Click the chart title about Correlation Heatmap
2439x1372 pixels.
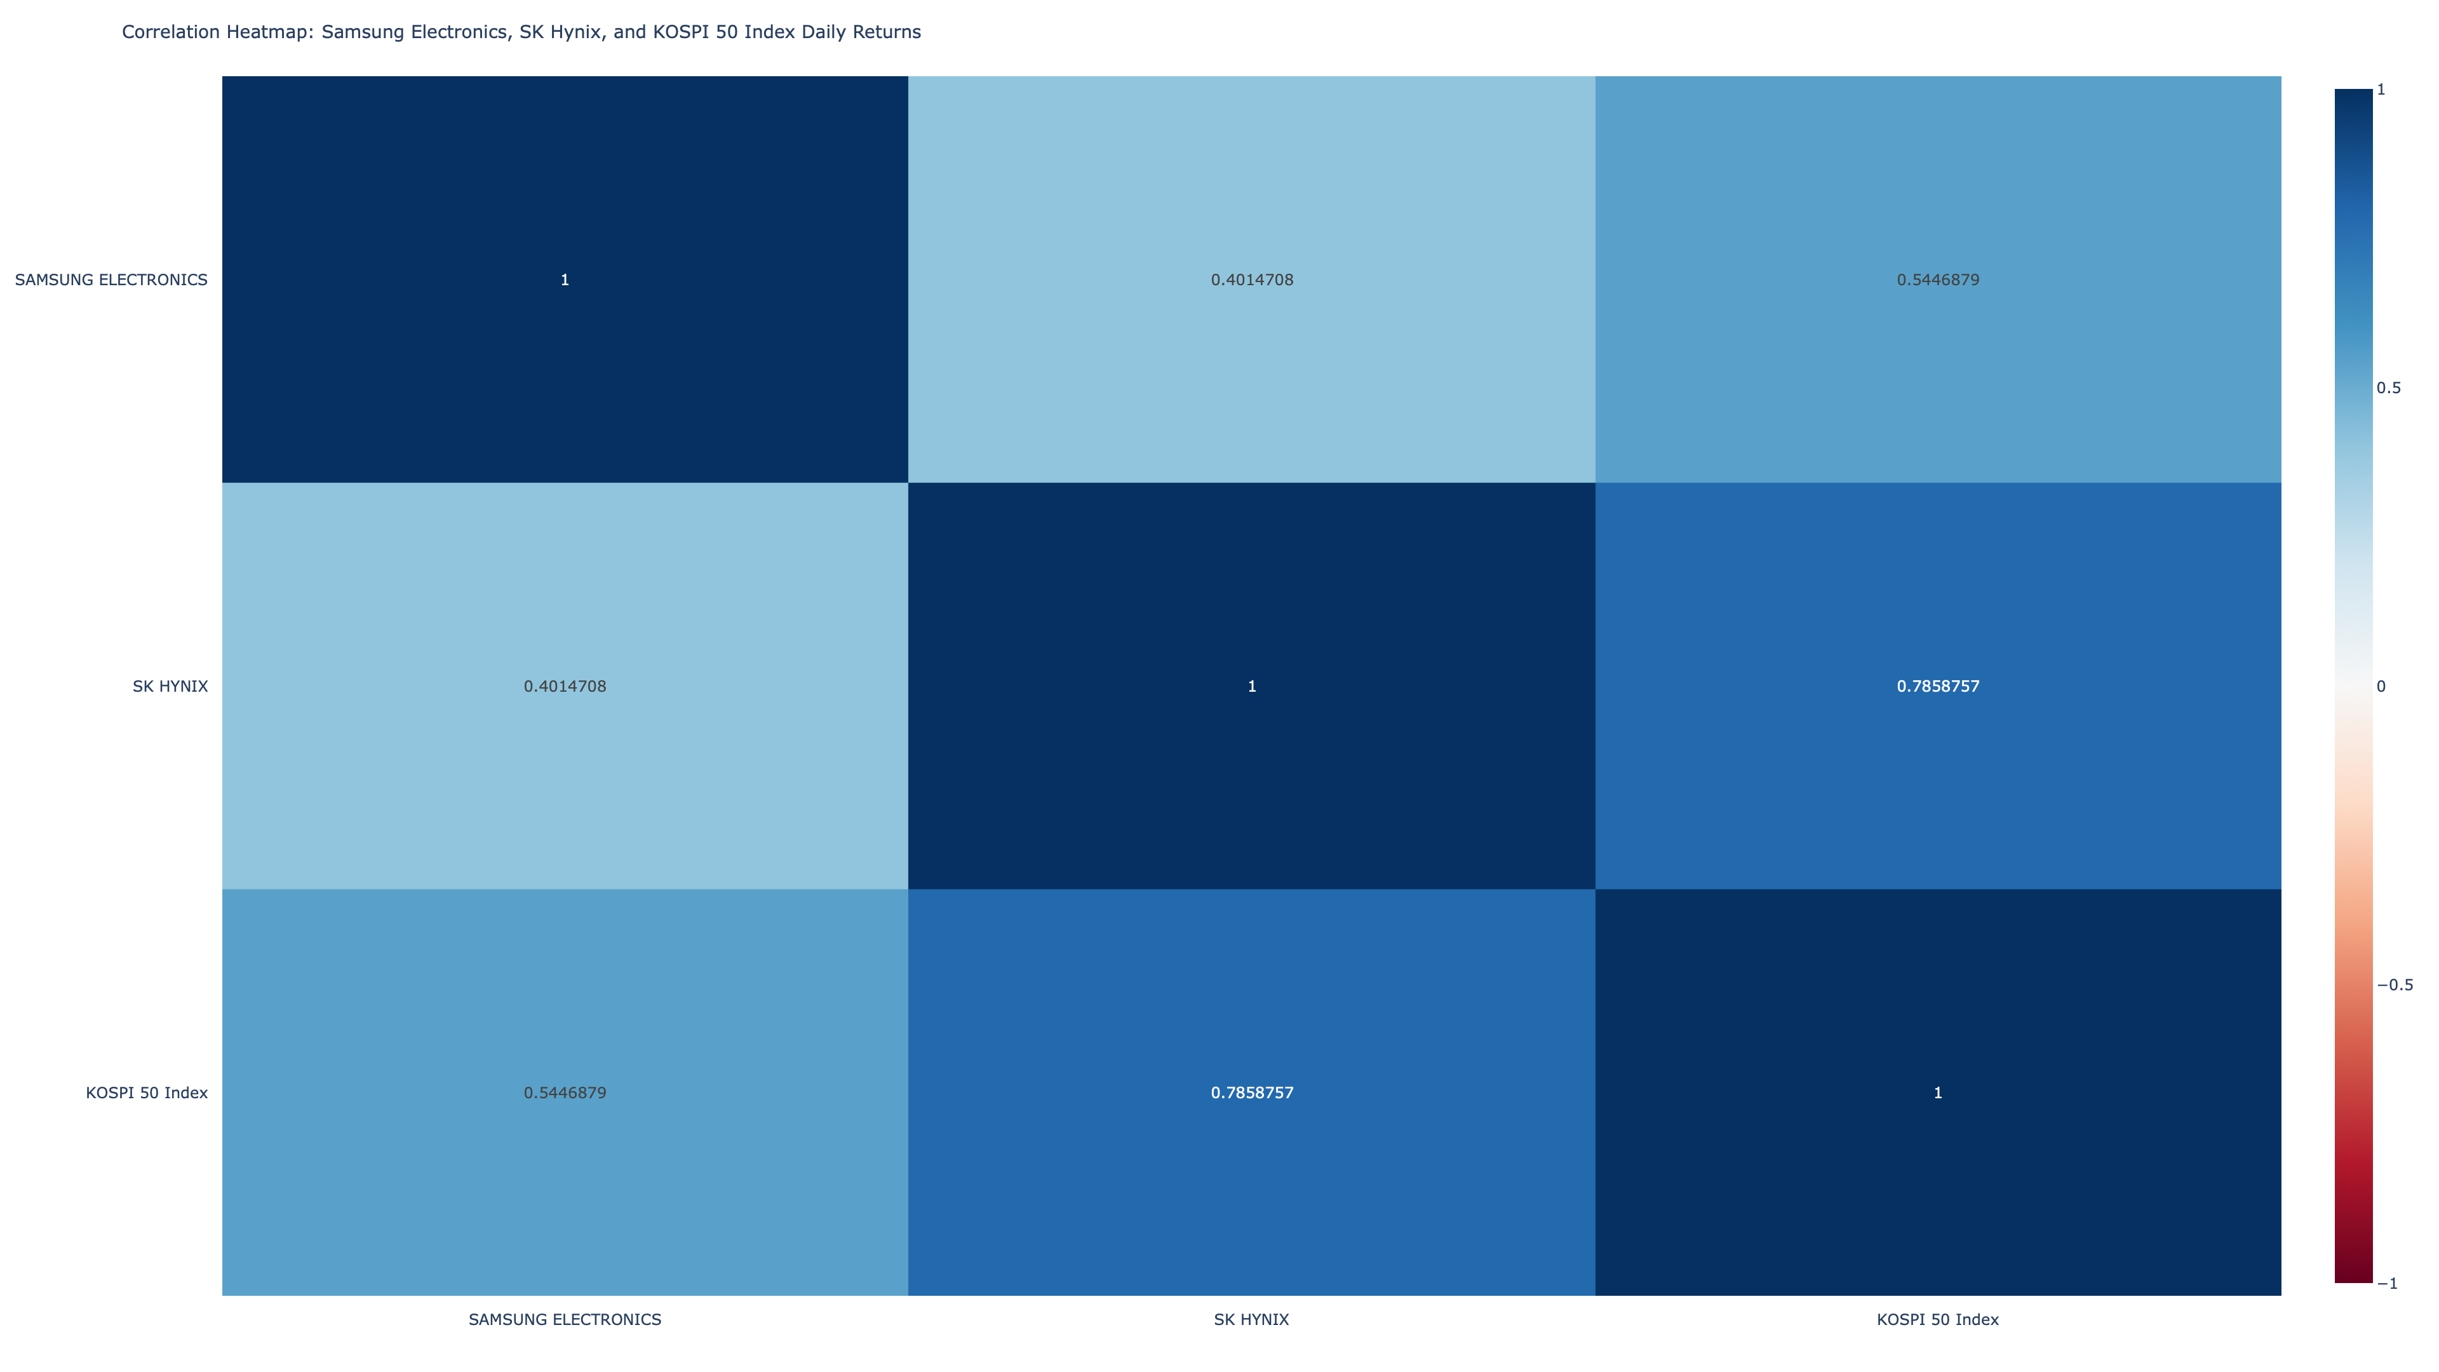point(521,32)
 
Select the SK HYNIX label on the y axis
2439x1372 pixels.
point(170,687)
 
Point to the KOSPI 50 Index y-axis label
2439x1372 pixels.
point(147,1093)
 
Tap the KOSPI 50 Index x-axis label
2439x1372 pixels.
point(1937,1319)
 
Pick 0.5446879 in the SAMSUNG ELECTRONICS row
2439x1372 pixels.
point(1937,279)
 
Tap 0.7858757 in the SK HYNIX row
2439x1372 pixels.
point(1937,687)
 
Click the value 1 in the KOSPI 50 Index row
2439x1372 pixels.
point(1937,1093)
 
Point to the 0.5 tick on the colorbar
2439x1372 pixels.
point(2389,388)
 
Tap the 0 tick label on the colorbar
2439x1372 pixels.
point(2381,687)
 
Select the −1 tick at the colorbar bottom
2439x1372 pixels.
point(2387,1283)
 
